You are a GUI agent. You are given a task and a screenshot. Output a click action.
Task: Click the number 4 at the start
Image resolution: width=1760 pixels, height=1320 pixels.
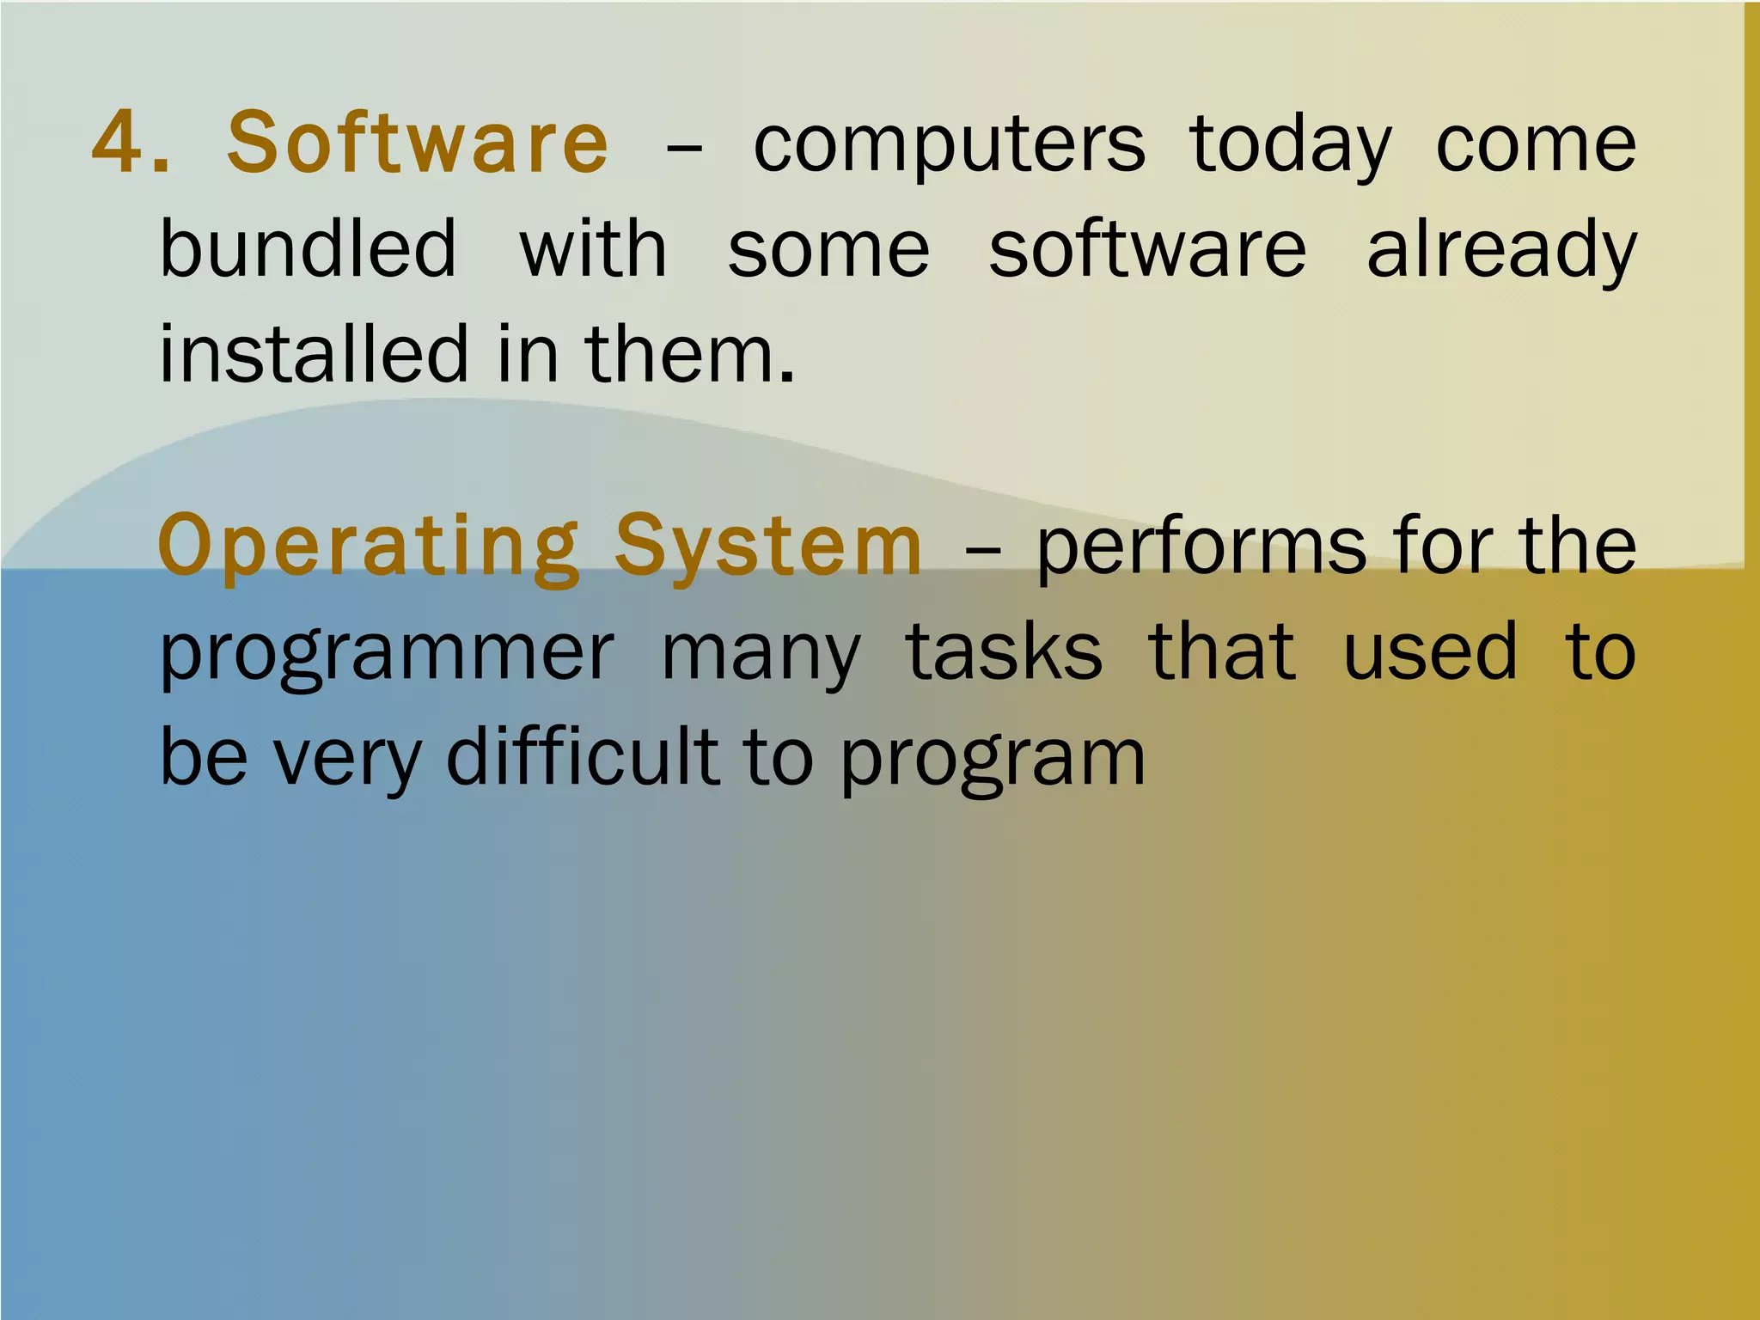[x=117, y=142]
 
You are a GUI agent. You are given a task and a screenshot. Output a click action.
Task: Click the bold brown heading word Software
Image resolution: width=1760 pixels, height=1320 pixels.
[x=418, y=142]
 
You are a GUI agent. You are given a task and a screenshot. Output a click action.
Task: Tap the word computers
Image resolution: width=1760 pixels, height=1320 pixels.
[x=949, y=146]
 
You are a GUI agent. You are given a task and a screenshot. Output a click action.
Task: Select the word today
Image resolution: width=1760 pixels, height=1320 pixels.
[x=1291, y=146]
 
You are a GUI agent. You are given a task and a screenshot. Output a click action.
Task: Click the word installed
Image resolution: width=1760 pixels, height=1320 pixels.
[x=315, y=353]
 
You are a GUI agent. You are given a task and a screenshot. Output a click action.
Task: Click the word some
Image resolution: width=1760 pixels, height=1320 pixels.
[x=828, y=249]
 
